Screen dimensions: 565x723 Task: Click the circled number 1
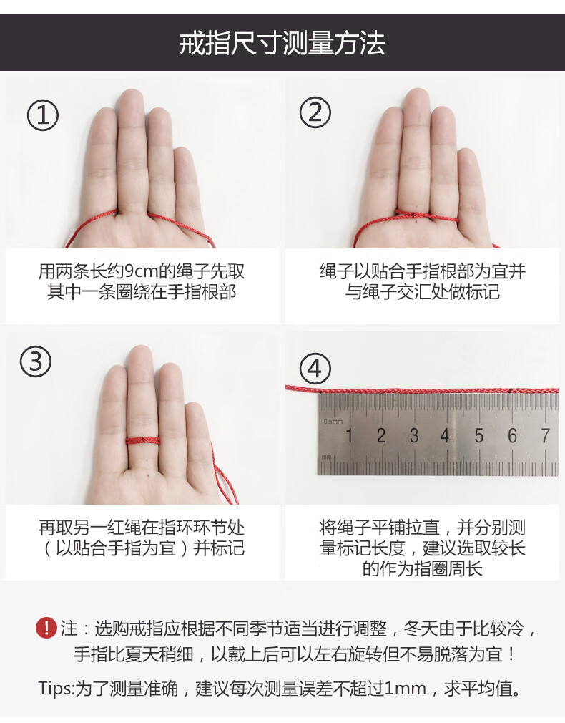tap(43, 115)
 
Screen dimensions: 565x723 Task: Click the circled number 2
tap(315, 112)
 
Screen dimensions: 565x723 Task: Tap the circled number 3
tap(36, 361)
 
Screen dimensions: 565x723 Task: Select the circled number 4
tap(315, 369)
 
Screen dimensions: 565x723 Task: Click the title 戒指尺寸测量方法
tap(282, 44)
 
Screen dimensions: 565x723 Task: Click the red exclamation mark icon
tap(46, 628)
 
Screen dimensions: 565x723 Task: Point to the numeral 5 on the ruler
tap(479, 436)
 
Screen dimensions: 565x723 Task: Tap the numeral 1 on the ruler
tap(349, 436)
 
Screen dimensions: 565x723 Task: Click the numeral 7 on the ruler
tap(545, 436)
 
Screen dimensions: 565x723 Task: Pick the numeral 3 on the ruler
tap(414, 436)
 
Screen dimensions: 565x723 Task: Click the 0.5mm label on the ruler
tap(333, 422)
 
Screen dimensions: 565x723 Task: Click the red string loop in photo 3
tap(143, 441)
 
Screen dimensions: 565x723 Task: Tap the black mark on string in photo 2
tap(414, 215)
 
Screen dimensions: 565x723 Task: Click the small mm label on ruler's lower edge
tap(326, 457)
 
